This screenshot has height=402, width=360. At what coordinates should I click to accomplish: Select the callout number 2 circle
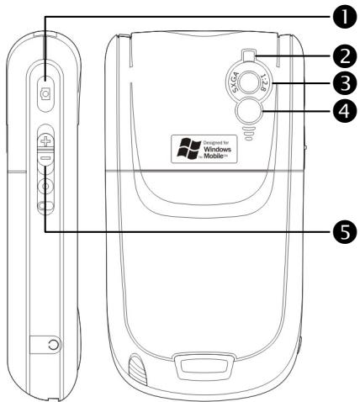coord(342,56)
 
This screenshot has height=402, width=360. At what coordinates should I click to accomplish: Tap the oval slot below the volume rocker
coord(46,205)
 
